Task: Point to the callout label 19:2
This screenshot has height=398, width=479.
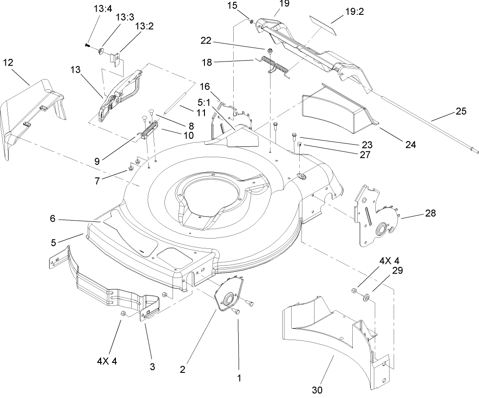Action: pos(355,11)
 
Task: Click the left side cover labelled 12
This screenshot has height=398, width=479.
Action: pos(31,115)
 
